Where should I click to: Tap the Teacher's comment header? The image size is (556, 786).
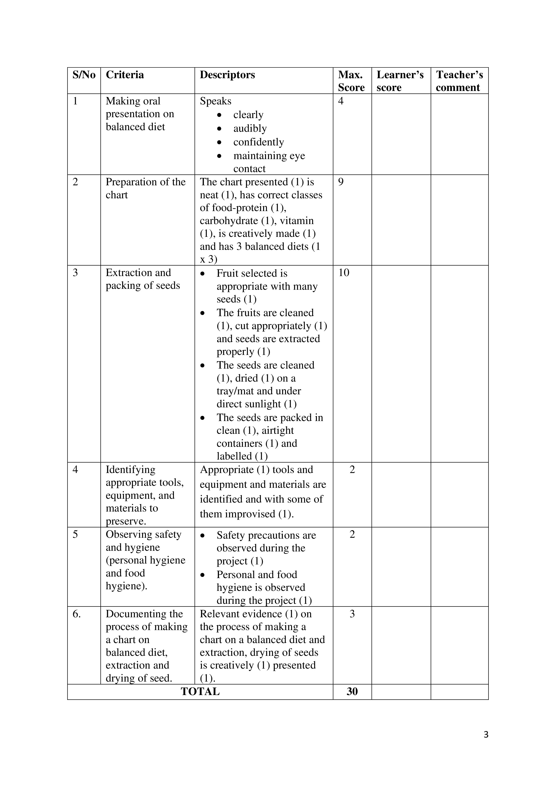(x=459, y=81)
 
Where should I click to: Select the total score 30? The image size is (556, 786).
(x=352, y=691)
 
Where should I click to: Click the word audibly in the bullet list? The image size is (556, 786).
(x=250, y=128)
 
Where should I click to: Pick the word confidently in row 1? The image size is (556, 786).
(x=258, y=142)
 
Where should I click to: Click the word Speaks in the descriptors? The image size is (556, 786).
(x=215, y=101)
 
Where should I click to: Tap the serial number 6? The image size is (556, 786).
(x=76, y=614)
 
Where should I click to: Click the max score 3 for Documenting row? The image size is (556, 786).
(x=352, y=614)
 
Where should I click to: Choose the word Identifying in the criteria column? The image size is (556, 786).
(x=130, y=469)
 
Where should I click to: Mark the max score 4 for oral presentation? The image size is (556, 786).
(x=341, y=101)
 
